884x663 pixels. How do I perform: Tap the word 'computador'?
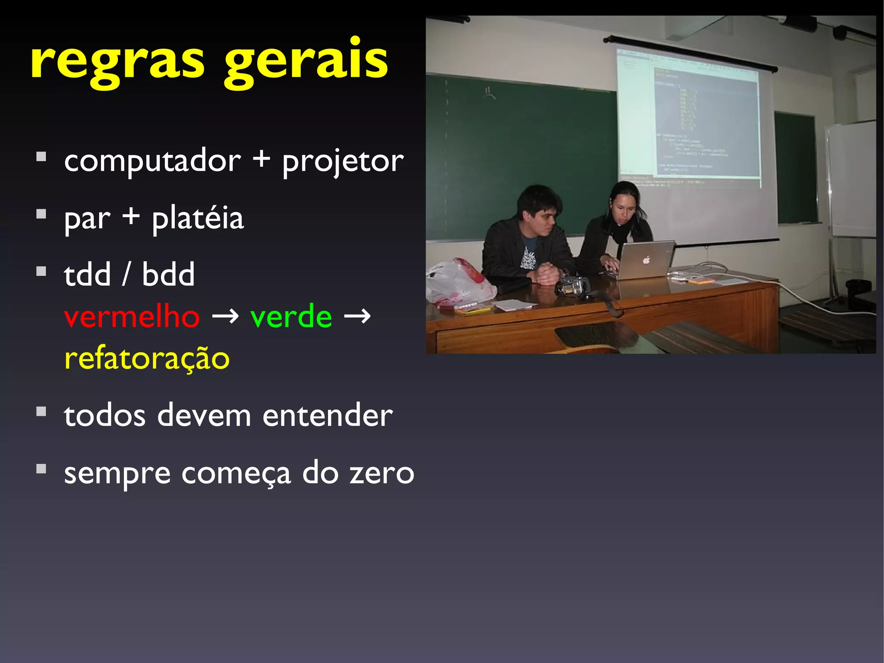152,161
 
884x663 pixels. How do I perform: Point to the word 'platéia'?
198,219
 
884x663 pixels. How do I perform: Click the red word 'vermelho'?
132,317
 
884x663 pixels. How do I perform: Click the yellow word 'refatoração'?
147,358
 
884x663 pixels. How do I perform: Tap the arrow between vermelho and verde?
225,317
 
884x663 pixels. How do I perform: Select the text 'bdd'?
168,275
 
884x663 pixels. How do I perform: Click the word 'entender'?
328,416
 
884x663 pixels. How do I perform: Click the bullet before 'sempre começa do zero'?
41,469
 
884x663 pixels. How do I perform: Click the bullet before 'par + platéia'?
41,214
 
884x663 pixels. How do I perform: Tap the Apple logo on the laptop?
646,260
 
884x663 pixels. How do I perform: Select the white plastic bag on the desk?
458,283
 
